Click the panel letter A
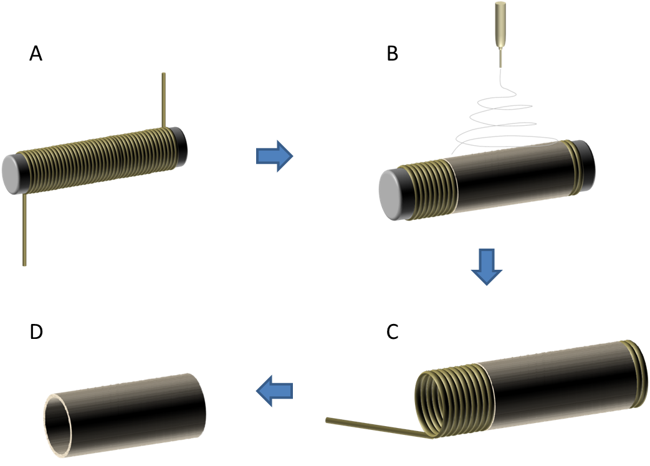click(x=36, y=55)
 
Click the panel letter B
click(x=393, y=54)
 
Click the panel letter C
click(x=393, y=333)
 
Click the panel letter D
click(x=36, y=332)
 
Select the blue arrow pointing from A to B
click(x=275, y=156)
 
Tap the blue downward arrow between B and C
click(x=486, y=266)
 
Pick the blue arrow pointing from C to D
click(x=275, y=391)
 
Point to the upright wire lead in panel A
click(x=163, y=100)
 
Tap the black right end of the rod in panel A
click(x=181, y=143)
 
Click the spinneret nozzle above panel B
click(x=500, y=25)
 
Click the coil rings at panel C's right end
click(x=636, y=374)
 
